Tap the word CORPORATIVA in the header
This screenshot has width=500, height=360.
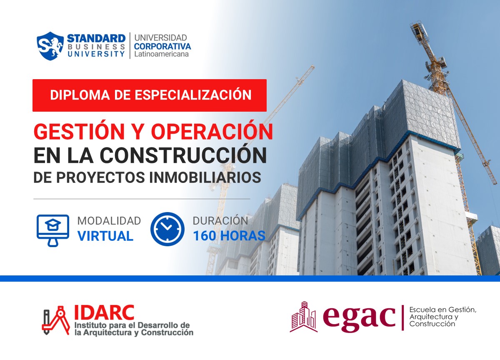[162, 46]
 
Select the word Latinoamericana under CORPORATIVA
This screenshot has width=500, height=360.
[161, 54]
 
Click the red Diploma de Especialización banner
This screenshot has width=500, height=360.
[150, 95]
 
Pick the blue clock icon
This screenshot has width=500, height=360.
[167, 229]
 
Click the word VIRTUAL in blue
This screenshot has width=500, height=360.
[105, 236]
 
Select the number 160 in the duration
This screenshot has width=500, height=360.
[204, 236]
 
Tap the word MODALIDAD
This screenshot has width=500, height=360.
[109, 221]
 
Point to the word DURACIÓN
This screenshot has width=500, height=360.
[220, 221]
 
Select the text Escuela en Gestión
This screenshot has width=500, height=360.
[442, 310]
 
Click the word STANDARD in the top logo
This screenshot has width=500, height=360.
[96, 38]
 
